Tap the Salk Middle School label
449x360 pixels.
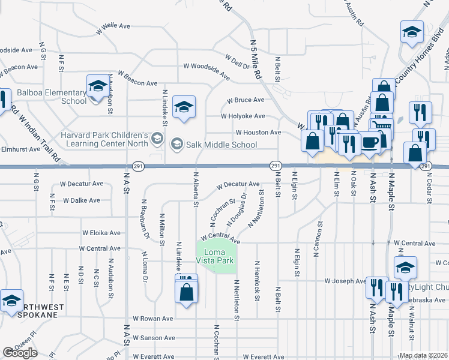click(x=221, y=145)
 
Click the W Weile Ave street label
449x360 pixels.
click(x=113, y=26)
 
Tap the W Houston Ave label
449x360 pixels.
click(x=258, y=132)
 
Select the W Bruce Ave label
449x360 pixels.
click(x=245, y=100)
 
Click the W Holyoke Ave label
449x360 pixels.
click(x=243, y=116)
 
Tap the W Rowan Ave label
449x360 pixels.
click(x=152, y=319)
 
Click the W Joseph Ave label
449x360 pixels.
click(x=345, y=281)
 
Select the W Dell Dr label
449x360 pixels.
click(x=237, y=62)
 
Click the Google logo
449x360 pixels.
click(x=20, y=353)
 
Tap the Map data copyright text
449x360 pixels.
click(x=423, y=355)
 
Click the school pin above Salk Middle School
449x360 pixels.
click(x=184, y=107)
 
